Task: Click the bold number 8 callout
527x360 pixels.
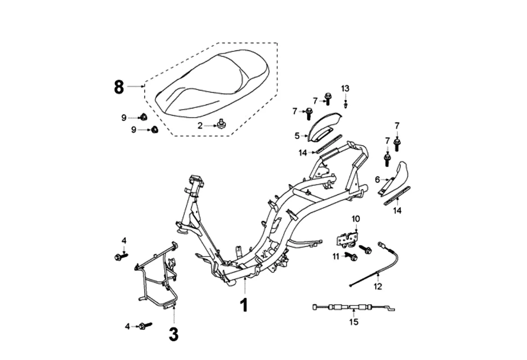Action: click(118, 86)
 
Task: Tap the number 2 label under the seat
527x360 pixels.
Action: click(200, 126)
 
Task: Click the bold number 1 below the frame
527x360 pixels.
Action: click(243, 305)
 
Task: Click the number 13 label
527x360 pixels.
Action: click(345, 88)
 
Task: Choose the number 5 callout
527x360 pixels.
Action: click(297, 135)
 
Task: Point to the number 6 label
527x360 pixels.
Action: click(378, 180)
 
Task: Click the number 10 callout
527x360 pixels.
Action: click(356, 219)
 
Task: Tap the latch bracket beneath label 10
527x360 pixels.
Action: click(347, 238)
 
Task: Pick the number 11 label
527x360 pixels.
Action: click(335, 256)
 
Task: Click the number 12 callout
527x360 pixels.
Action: click(378, 286)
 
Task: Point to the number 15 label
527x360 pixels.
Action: click(354, 322)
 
